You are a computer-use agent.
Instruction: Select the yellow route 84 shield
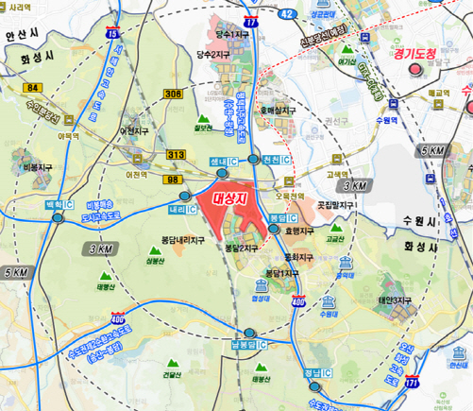coord(35,87)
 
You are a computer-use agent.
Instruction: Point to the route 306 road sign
coord(172,94)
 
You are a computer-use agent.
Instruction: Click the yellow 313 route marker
coord(175,154)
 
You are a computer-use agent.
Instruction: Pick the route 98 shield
coord(173,180)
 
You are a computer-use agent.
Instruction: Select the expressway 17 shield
coord(249,20)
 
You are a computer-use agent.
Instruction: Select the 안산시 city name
coord(21,34)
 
